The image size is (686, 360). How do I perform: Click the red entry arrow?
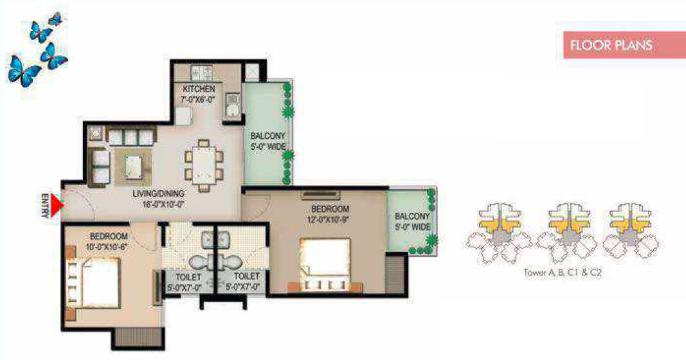pos(58,206)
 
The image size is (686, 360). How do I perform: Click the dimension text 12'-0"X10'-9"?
pos(330,219)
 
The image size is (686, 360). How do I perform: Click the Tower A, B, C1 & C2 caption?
pos(563,272)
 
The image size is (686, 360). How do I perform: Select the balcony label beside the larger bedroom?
pos(411,221)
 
